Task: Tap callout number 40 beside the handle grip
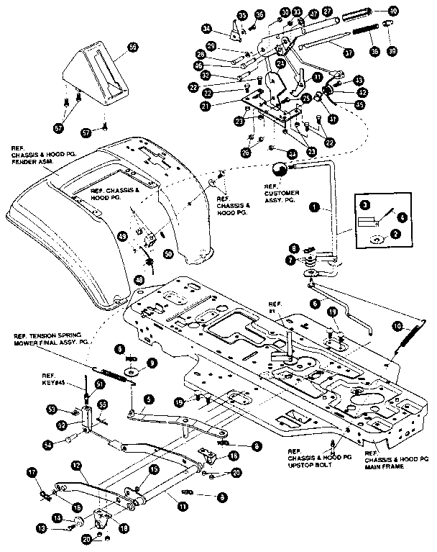(393, 11)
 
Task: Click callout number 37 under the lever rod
(348, 53)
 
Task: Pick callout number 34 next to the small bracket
(206, 28)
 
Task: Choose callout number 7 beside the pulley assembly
(290, 259)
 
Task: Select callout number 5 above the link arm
(147, 398)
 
